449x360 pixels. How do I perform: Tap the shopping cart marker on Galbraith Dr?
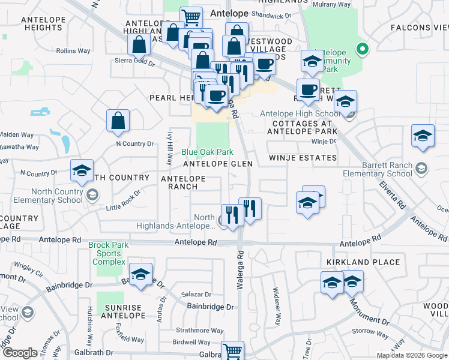(232, 351)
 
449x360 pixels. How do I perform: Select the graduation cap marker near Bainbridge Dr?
(140, 275)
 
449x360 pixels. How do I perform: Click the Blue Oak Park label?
(207, 152)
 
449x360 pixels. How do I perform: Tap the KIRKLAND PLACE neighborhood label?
(363, 262)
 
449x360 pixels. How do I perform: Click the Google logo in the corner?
(19, 353)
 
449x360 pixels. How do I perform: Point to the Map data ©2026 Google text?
(411, 355)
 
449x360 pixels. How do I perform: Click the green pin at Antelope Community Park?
(361, 49)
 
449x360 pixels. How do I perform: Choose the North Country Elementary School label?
(42, 196)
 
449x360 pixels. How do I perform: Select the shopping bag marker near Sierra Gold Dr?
(139, 44)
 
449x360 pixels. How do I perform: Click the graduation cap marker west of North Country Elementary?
(82, 171)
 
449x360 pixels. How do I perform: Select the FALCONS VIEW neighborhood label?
(419, 28)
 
